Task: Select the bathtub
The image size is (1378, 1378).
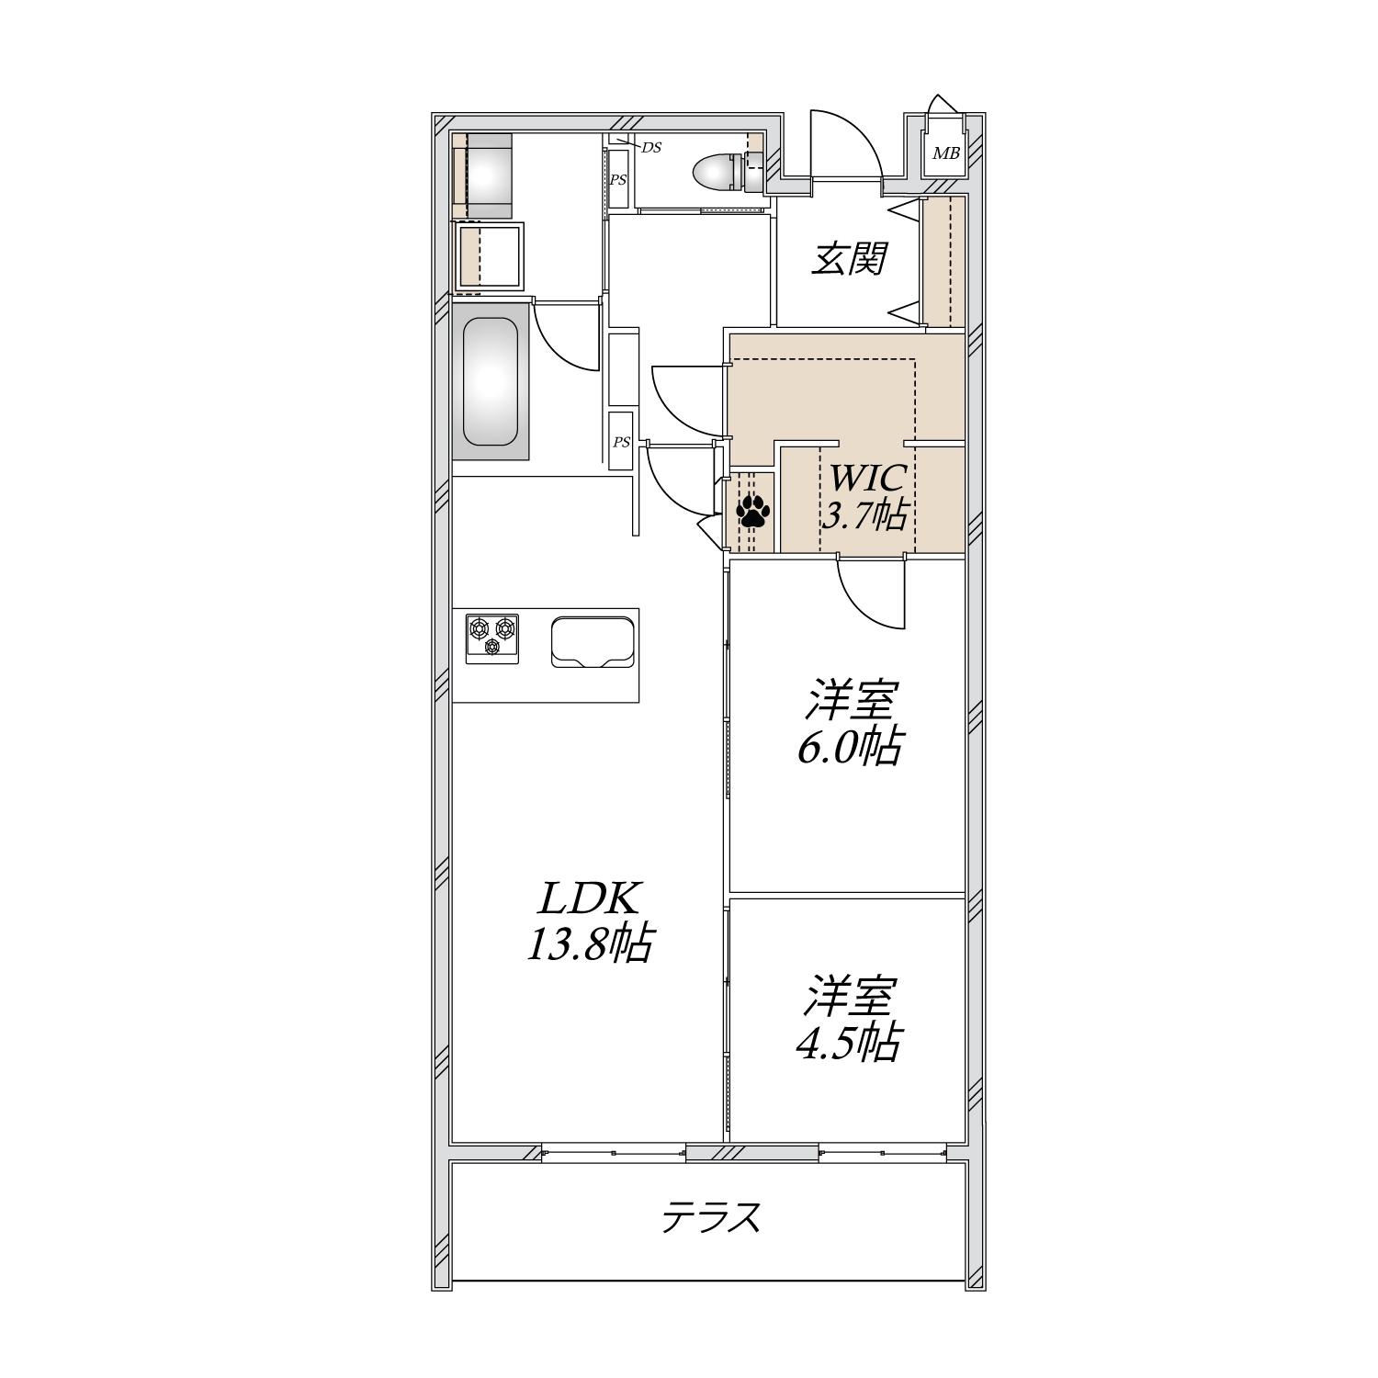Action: [x=490, y=381]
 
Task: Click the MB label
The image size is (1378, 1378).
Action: [x=945, y=153]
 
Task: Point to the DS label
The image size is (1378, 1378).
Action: [x=650, y=147]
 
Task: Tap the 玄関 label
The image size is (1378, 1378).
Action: [x=847, y=260]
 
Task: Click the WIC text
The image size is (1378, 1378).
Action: [x=868, y=478]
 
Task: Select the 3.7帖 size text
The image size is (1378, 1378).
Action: [x=864, y=515]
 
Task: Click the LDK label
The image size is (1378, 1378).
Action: [x=588, y=900]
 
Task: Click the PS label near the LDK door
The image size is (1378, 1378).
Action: [x=622, y=442]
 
